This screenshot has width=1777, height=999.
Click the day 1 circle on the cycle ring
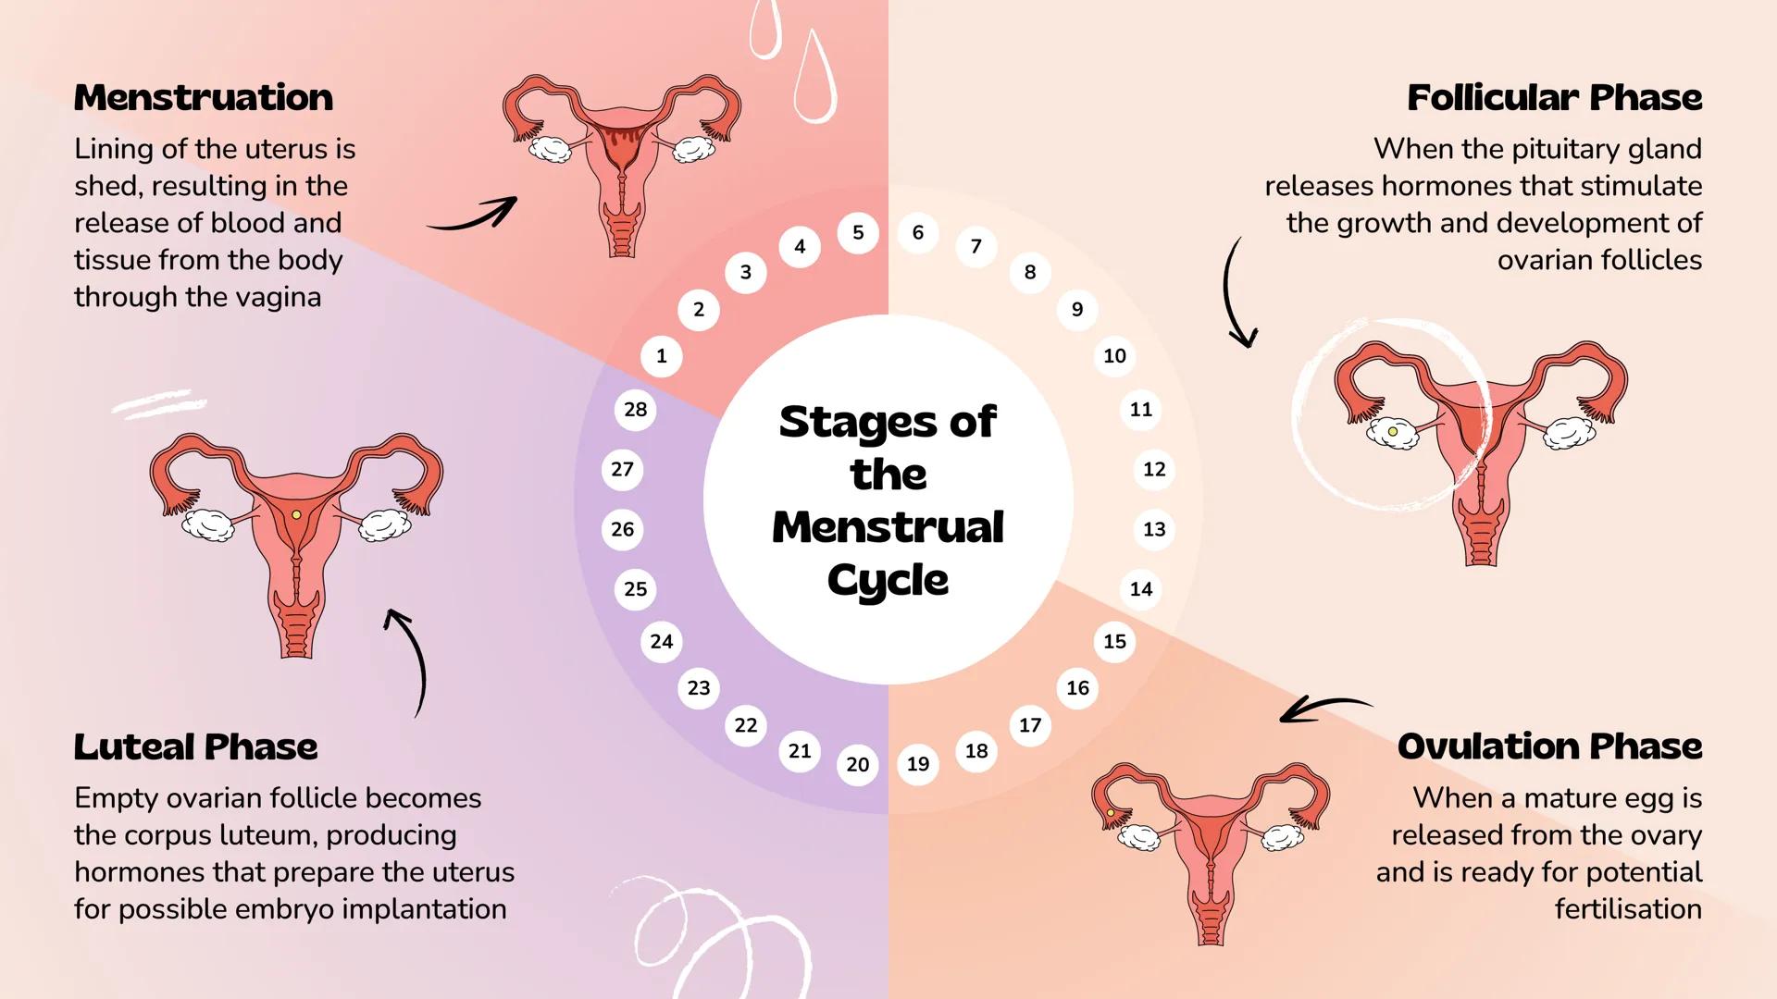click(661, 356)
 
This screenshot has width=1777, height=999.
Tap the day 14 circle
click(1141, 589)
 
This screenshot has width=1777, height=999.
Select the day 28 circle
click(635, 410)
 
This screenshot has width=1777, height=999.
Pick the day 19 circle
click(918, 764)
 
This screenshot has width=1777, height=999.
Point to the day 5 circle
click(858, 233)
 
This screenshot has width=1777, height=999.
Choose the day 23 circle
click(699, 688)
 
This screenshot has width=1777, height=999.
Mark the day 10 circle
click(1114, 356)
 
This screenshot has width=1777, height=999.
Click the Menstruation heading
click(204, 98)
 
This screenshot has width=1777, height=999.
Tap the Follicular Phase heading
click(1554, 98)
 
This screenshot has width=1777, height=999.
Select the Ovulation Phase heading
click(1549, 746)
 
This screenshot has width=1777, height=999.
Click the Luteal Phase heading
click(196, 747)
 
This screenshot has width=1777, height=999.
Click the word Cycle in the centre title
click(888, 581)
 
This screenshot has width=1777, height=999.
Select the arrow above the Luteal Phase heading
click(412, 659)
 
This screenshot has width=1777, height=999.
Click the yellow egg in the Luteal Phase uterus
click(296, 514)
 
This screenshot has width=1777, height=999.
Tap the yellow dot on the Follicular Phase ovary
click(1392, 431)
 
